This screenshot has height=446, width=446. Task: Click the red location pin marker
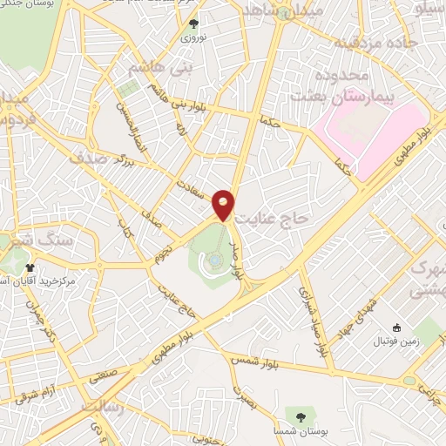tap(224, 205)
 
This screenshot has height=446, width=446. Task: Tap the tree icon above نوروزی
tap(193, 25)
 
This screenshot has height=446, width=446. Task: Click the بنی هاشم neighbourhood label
tap(145, 67)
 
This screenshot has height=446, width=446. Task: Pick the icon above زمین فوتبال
tap(398, 328)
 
